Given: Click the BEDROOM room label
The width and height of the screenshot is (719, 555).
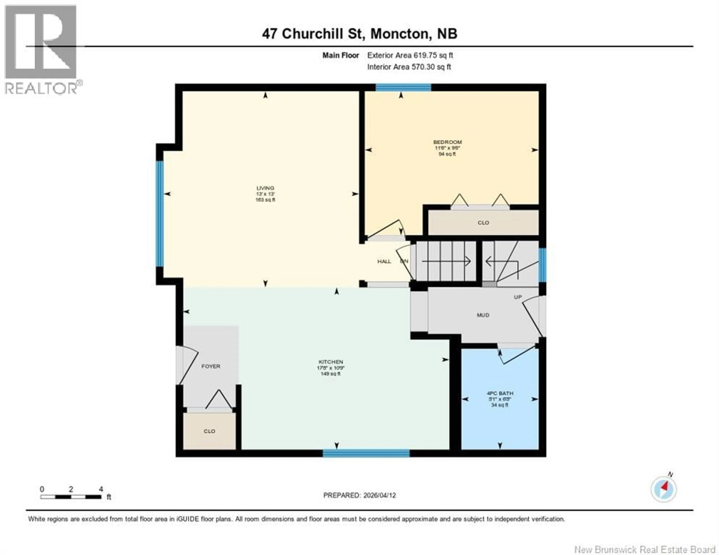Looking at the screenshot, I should tap(447, 142).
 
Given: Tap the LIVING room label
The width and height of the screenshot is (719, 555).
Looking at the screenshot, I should tap(265, 188).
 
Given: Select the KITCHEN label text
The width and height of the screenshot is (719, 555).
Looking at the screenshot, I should tap(330, 362).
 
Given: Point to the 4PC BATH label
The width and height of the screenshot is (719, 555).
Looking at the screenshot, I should tap(500, 393).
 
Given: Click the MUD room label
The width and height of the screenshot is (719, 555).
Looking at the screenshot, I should tap(483, 315).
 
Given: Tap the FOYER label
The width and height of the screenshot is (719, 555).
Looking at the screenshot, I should tap(211, 366).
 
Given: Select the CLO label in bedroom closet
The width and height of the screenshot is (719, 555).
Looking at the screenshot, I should tap(483, 223).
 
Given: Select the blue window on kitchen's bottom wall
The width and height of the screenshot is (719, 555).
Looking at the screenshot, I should tap(366, 453).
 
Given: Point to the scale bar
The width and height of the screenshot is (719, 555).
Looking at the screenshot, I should tap(71, 497).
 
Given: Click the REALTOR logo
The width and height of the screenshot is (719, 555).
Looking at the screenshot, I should tap(41, 49).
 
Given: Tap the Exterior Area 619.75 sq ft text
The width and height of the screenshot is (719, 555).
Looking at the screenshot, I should tap(410, 55).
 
